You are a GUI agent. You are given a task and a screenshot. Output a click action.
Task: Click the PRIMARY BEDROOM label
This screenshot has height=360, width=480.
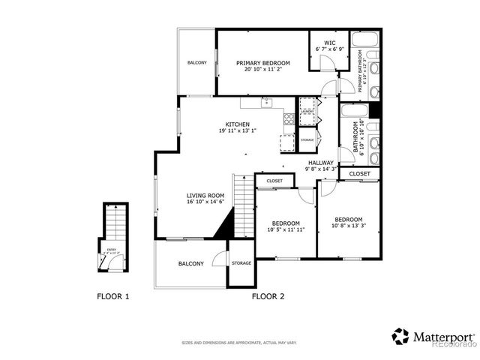pos(262,64)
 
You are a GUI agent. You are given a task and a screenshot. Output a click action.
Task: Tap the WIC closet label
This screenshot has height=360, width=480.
pos(329,43)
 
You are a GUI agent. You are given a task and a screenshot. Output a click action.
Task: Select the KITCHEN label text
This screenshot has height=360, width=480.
pos(238,124)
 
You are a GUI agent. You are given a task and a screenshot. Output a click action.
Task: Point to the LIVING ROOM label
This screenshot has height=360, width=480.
pos(205,195)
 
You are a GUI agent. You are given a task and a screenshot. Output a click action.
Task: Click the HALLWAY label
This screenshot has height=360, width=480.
pos(320,163)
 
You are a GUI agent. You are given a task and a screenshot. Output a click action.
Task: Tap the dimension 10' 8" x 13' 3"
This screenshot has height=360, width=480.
pos(349,223)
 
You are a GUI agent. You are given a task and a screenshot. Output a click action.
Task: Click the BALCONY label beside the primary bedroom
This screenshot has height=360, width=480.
pos(197,62)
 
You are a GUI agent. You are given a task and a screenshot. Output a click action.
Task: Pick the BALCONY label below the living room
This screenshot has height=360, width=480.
pos(190,263)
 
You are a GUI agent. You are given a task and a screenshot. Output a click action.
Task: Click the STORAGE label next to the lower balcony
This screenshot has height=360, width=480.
pos(241,263)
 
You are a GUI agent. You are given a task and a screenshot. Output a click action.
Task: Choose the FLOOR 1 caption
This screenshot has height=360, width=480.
pos(113,296)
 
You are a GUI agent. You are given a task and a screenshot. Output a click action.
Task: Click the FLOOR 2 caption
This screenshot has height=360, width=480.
pos(268,296)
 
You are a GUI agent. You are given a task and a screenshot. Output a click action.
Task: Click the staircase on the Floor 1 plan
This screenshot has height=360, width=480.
pos(115,222)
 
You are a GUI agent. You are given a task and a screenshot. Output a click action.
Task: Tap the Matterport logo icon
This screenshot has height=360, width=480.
pos(400,335)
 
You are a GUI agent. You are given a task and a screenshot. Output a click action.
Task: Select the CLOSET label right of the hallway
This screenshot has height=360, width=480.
pos(360,174)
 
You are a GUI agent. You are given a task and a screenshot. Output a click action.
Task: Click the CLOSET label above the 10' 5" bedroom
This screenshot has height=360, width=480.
pos(274,181)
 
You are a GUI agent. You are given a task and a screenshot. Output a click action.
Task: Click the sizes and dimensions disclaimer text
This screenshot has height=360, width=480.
pos(239,343)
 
